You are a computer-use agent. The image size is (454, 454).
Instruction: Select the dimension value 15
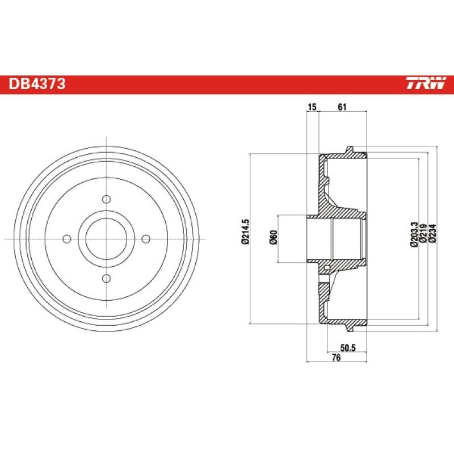[312, 107]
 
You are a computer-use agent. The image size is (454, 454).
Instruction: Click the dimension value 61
[342, 107]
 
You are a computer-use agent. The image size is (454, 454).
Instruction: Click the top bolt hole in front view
[106, 199]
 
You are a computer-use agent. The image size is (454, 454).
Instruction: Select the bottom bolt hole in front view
[106, 278]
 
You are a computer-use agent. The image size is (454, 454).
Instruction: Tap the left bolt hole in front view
[67, 238]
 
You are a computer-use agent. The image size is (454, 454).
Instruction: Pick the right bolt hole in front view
[145, 238]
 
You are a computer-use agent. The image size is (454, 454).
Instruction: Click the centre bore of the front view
[106, 238]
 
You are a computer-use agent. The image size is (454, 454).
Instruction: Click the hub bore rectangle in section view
[335, 238]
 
